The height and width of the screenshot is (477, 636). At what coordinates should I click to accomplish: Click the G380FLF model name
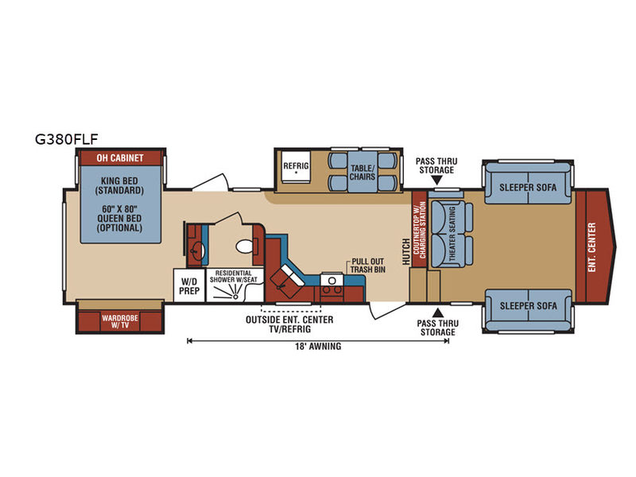click(67, 139)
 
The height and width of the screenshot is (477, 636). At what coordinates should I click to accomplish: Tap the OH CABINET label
click(120, 157)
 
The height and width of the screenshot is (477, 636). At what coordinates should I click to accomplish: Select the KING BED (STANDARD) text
click(120, 186)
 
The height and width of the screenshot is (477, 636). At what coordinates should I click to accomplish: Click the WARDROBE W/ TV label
click(120, 321)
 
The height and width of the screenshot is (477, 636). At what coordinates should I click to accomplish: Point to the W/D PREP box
click(189, 285)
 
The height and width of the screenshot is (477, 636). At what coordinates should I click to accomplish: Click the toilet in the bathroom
click(245, 246)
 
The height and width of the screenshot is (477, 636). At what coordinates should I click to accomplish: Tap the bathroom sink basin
click(197, 250)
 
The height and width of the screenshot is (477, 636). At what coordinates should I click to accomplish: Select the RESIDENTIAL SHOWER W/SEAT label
click(233, 277)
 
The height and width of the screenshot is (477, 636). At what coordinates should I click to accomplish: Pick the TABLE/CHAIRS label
click(363, 173)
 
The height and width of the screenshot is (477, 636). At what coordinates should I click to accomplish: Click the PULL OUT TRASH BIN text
click(368, 266)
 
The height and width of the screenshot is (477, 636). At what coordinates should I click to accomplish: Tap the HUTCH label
click(406, 252)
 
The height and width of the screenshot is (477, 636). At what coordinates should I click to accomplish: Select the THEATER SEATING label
click(452, 234)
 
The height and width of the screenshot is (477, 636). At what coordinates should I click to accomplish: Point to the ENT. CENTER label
click(591, 247)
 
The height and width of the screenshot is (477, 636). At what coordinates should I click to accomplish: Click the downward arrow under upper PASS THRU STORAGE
click(436, 180)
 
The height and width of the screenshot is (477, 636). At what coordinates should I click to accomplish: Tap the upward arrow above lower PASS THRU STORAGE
click(438, 312)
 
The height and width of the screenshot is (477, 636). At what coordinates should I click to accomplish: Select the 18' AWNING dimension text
click(318, 347)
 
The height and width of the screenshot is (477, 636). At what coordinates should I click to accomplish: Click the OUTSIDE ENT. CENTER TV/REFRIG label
click(289, 324)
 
